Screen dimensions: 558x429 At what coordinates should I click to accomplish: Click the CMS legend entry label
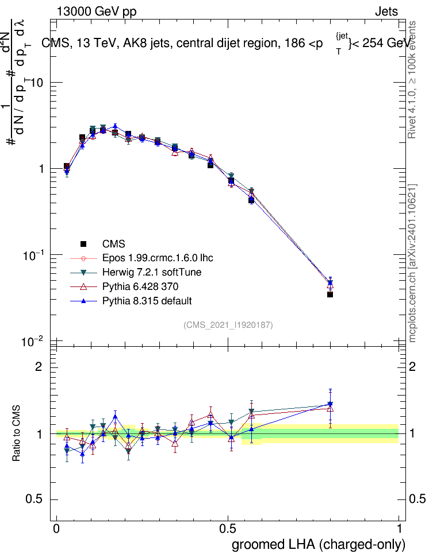(113, 244)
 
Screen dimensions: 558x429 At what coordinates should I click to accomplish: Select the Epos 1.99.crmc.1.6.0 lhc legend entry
(157, 258)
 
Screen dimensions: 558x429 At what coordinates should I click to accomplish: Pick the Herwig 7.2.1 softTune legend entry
(152, 273)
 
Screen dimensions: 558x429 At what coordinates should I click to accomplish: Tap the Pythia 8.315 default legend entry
(147, 301)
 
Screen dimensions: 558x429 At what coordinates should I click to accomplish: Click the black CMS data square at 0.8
(330, 294)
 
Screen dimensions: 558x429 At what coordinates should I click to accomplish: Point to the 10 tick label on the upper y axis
(37, 83)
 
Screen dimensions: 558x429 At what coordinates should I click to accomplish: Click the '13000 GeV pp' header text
(97, 11)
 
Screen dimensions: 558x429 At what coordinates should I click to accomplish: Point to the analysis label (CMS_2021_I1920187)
(228, 325)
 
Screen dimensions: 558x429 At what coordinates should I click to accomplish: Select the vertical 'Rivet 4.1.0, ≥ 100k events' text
(412, 80)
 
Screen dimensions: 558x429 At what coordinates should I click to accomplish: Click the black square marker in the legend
(84, 244)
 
